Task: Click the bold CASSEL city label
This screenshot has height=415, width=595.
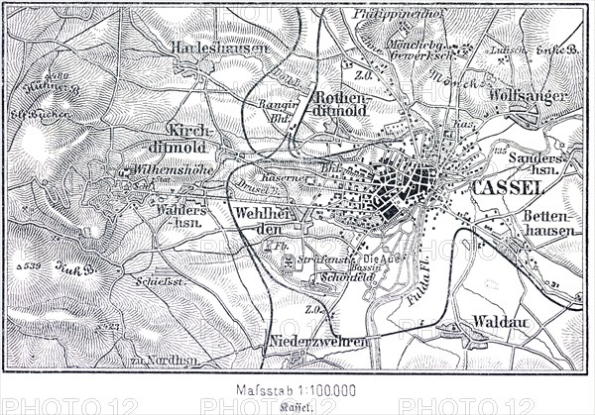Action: point(509,187)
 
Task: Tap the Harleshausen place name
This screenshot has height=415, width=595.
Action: point(210,47)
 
